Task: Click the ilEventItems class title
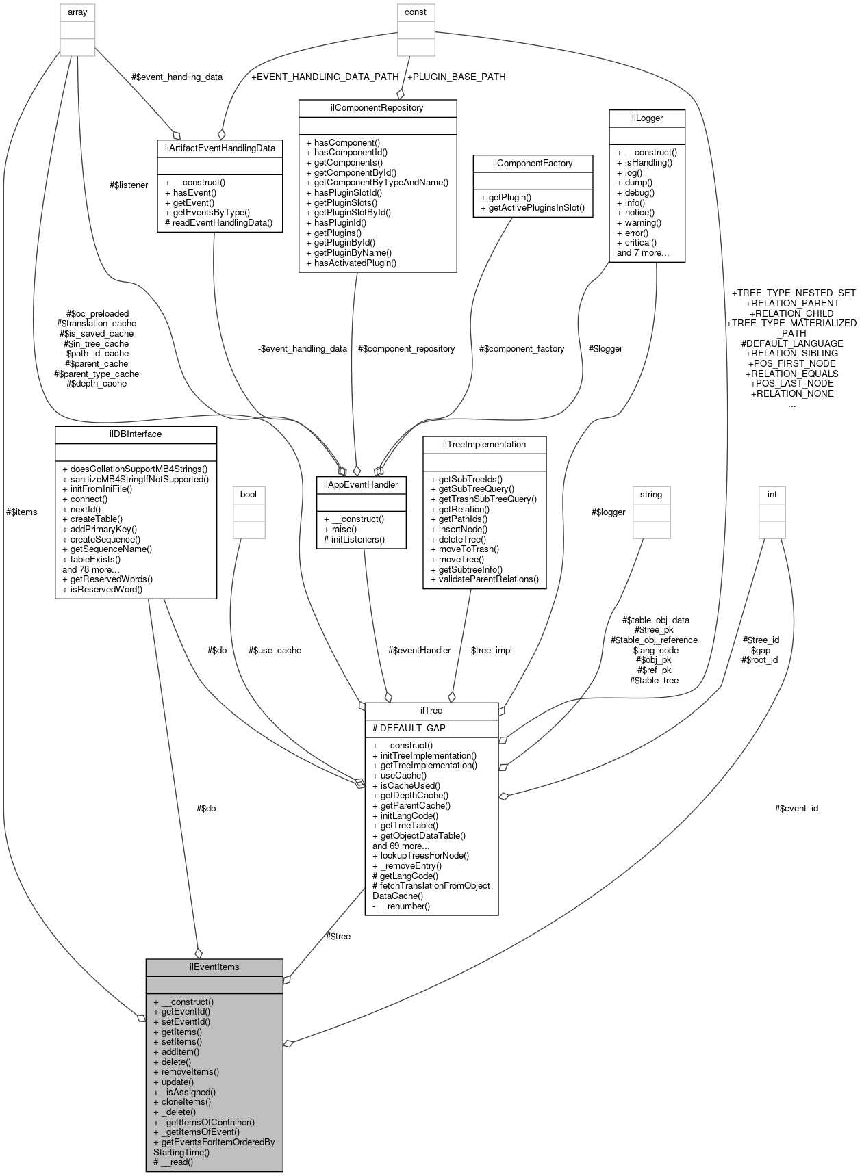coord(214,967)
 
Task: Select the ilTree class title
coord(432,711)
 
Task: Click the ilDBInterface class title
coord(136,434)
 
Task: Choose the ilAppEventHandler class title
coord(362,484)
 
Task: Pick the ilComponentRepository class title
coord(377,107)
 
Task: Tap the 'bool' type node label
coord(248,493)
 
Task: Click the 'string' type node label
coord(651,493)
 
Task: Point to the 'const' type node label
coord(416,12)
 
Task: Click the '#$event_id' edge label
coord(796,808)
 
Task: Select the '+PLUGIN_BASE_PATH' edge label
coord(456,77)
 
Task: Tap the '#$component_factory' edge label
coord(522,348)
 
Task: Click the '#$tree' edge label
coord(338,936)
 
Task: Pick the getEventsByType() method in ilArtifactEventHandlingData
coord(207,212)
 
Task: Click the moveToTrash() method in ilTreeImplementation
coord(465,549)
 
